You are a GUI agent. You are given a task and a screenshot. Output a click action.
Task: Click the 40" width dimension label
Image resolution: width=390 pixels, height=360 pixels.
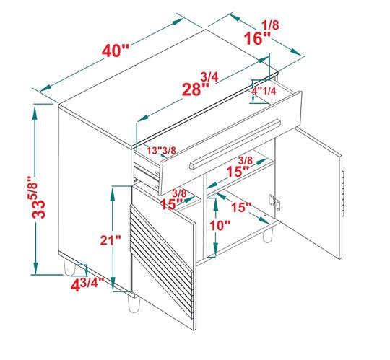tap(116, 51)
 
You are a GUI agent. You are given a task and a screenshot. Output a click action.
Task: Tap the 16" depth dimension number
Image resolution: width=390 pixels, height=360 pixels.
tap(257, 38)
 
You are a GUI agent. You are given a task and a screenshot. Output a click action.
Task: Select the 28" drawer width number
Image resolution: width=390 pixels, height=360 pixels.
tap(195, 89)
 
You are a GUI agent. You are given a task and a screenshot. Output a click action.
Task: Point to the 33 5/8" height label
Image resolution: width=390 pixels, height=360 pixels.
tap(38, 197)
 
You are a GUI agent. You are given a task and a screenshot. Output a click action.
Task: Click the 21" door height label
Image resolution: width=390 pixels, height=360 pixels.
tap(110, 240)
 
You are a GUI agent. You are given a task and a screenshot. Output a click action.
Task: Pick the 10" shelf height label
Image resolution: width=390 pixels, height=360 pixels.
tap(220, 226)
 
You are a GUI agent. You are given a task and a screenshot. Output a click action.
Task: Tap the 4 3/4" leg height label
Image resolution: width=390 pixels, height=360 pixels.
tap(87, 284)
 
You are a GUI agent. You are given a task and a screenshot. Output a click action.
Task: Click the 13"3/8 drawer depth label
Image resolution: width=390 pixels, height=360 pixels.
tap(161, 150)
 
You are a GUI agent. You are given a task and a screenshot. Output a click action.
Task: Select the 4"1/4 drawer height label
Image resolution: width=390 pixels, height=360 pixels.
tap(264, 91)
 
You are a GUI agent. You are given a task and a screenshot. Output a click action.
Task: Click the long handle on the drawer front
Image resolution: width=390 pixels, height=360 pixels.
tap(235, 144)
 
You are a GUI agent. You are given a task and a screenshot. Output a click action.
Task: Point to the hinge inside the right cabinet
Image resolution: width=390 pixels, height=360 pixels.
tap(274, 202)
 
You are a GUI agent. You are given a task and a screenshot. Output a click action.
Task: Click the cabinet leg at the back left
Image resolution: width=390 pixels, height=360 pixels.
tap(69, 267)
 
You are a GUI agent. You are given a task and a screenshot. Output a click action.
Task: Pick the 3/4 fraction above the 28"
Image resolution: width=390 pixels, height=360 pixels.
tap(209, 76)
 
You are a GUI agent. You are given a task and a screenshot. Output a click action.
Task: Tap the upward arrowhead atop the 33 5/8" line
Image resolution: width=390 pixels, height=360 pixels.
tap(35, 113)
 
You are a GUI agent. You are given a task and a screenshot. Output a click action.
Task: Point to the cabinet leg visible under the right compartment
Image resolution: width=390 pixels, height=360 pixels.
tap(267, 235)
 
